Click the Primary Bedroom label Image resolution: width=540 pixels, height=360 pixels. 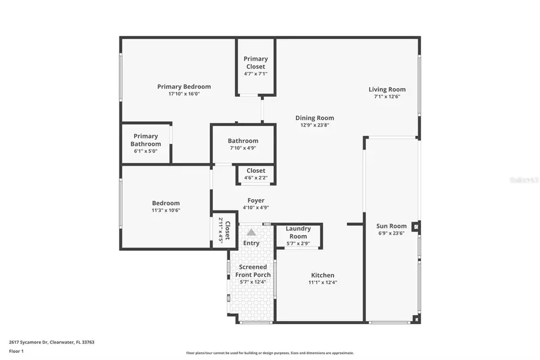[x=184, y=86]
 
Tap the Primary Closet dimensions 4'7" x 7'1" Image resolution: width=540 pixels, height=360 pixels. [x=256, y=74]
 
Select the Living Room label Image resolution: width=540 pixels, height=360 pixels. [x=387, y=89]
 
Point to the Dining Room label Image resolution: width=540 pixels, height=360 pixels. [x=314, y=118]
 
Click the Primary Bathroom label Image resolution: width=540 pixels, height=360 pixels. [x=146, y=140]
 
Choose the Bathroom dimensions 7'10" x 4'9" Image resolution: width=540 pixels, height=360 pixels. [x=243, y=148]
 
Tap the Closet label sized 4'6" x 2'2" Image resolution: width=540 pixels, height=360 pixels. [x=256, y=171]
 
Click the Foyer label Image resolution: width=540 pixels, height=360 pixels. [x=256, y=200]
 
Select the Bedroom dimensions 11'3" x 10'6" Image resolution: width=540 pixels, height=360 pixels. [x=166, y=210]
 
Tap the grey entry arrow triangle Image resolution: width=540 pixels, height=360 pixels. [x=251, y=232]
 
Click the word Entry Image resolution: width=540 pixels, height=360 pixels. [x=251, y=243]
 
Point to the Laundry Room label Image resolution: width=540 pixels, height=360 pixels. [x=298, y=232]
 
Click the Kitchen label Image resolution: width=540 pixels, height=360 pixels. [x=323, y=275]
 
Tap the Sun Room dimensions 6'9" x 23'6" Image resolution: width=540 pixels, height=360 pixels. [x=391, y=233]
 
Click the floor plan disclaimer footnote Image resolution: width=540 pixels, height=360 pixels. [x=269, y=353]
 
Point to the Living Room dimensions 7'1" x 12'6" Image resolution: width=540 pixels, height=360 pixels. [x=387, y=97]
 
